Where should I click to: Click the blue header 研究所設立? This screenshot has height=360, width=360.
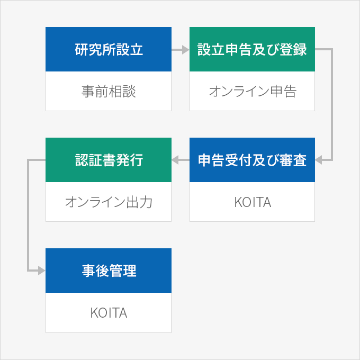click(x=109, y=49)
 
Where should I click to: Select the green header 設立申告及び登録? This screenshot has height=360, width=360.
click(x=252, y=49)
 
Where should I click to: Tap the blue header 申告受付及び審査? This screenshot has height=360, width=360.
click(x=252, y=160)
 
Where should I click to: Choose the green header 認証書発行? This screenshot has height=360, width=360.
click(x=109, y=160)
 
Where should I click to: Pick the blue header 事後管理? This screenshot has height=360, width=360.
click(x=109, y=271)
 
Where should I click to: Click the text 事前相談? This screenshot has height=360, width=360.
click(x=109, y=91)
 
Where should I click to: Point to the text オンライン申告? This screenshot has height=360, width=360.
click(x=253, y=91)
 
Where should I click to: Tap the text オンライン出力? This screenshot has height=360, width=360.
click(x=109, y=202)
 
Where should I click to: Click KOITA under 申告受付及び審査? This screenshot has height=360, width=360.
click(x=253, y=202)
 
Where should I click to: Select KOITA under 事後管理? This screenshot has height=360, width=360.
click(x=109, y=313)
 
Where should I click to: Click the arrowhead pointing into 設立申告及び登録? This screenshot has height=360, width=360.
click(x=185, y=49)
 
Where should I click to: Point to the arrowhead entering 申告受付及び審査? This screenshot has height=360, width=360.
click(x=319, y=160)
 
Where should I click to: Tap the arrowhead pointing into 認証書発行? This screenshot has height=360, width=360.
click(x=175, y=160)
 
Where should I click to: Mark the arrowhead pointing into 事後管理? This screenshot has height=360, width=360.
click(x=41, y=271)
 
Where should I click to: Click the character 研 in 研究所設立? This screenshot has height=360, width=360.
click(x=82, y=49)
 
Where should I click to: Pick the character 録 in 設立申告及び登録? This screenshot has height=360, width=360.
click(x=300, y=49)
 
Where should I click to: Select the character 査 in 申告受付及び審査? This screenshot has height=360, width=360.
click(x=300, y=160)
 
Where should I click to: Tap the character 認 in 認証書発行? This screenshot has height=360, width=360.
click(x=82, y=160)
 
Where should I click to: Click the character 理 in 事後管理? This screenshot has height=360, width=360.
click(x=130, y=271)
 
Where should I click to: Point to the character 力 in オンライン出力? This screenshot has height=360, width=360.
click(x=146, y=202)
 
